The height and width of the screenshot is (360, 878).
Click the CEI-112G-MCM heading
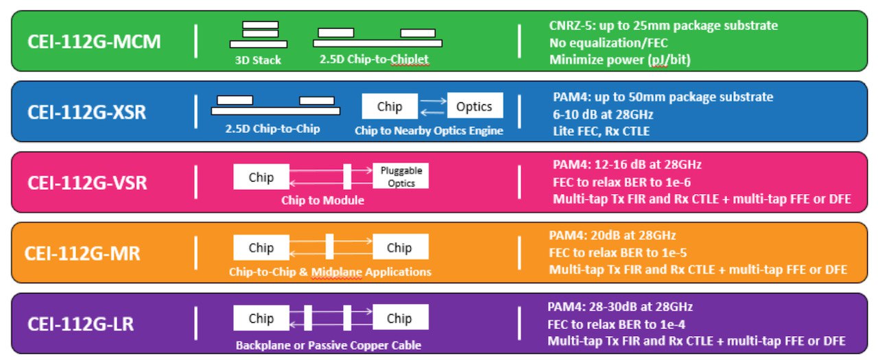click(94, 42)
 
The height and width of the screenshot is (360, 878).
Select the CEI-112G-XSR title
click(86, 112)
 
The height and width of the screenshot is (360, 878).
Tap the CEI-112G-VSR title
click(87, 183)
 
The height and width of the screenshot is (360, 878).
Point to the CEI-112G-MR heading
click(82, 254)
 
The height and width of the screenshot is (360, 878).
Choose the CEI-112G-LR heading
click(80, 324)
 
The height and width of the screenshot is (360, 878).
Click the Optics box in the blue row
click(475, 106)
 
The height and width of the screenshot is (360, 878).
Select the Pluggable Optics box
click(401, 176)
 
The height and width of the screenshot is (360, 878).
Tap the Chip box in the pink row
click(261, 177)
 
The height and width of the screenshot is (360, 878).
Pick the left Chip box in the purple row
click(261, 317)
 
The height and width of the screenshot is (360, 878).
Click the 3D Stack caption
click(258, 60)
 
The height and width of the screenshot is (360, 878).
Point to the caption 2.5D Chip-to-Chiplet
click(374, 59)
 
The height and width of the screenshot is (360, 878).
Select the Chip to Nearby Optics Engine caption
click(429, 130)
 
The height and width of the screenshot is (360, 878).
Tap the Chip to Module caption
click(322, 200)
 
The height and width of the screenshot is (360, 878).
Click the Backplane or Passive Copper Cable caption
click(329, 345)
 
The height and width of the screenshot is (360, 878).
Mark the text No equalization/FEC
click(608, 43)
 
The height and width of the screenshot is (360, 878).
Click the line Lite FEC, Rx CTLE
click(602, 131)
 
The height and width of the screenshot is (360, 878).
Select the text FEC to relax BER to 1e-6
click(621, 182)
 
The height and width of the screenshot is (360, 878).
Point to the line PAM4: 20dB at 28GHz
click(613, 235)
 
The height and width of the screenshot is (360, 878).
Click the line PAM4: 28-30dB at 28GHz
click(620, 307)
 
